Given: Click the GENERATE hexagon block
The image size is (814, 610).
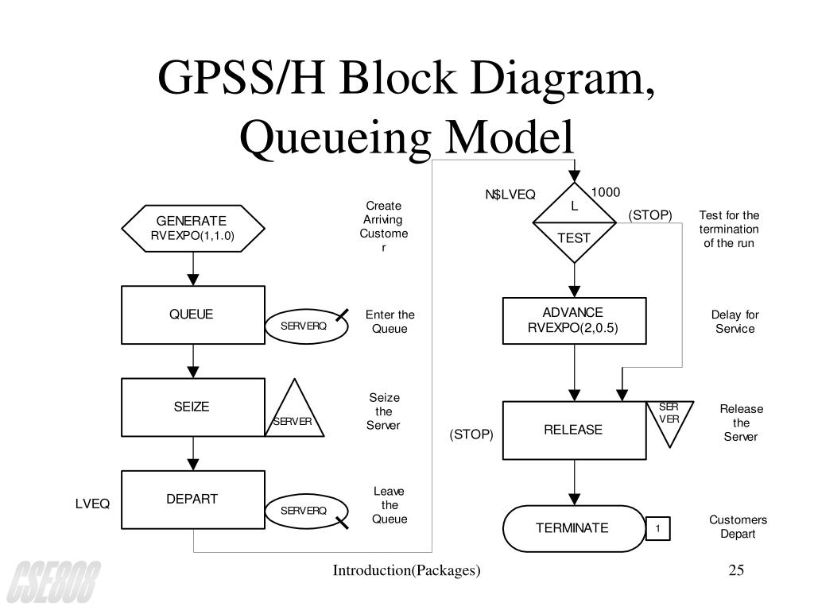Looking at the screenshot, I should point(191,228).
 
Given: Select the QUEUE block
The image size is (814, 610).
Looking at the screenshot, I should point(192,315).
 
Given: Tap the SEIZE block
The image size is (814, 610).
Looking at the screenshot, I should point(192,407).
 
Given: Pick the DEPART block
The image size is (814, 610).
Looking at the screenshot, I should point(192,500).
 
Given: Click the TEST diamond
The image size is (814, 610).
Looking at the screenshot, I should point(573,223).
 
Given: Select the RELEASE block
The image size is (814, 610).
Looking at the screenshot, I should point(574,430).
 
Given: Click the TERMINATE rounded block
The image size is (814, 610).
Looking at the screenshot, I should point(574,528).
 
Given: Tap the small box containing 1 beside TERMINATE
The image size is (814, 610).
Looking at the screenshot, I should point(658,529).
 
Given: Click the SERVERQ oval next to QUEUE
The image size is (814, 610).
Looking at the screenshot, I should point(306,326).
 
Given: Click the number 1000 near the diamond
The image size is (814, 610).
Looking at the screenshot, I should point(605,192).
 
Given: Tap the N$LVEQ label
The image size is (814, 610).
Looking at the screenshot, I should point(510,195).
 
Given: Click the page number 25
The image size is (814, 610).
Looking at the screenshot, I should point(735,570).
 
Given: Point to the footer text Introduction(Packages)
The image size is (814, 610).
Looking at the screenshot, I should point(406,570).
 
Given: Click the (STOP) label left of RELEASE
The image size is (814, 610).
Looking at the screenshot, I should point(471,434).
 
